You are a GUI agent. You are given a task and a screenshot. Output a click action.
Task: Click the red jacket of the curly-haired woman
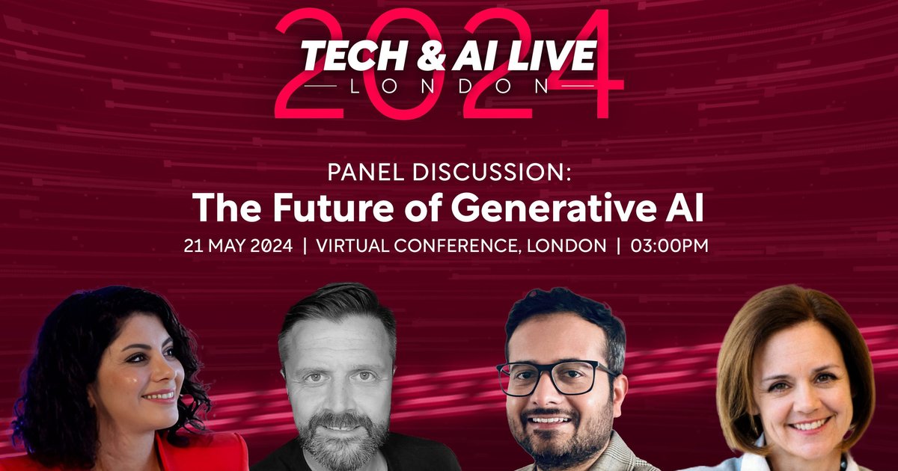coord(217,455)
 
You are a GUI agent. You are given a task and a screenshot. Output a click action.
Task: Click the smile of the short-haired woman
coord(807,425)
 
